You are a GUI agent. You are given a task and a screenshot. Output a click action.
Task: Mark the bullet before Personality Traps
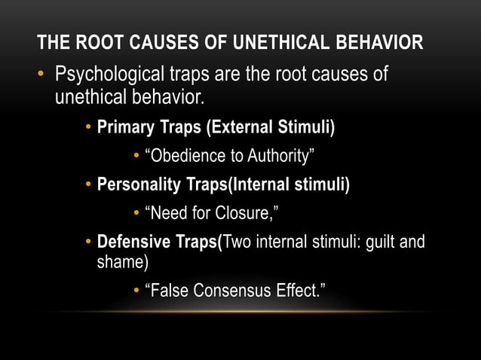pos(89,184)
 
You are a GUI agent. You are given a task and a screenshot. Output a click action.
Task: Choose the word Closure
pos(250,213)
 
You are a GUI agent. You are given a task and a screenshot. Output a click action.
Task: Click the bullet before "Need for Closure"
pos(136,213)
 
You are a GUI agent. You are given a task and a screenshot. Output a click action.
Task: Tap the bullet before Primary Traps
pos(89,126)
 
